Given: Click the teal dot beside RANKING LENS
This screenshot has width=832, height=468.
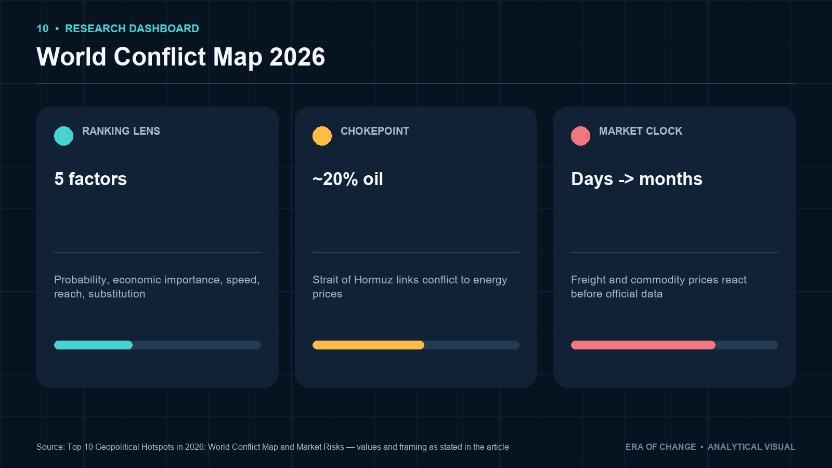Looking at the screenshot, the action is click(63, 136).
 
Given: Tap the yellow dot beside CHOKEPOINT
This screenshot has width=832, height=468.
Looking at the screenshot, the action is click(322, 136).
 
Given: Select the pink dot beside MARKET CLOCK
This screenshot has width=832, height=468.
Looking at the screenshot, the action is click(580, 136).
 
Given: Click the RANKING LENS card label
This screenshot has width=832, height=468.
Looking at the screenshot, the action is click(121, 131).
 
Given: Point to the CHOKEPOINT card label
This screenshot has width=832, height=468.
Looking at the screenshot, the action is click(375, 131).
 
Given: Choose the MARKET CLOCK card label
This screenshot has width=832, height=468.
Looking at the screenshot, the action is click(641, 131).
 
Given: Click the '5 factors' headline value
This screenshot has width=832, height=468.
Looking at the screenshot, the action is click(90, 179).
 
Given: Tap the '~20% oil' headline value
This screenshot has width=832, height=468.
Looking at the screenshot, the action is click(348, 179).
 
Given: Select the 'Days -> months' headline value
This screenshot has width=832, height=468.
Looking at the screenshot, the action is click(636, 179).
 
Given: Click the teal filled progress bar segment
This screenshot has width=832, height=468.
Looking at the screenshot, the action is click(93, 345).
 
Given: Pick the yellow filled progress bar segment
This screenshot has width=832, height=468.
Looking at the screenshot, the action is click(369, 345).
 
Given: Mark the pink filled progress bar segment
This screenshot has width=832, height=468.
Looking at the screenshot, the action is click(643, 345).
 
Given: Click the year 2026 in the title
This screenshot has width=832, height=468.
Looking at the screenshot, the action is click(297, 57).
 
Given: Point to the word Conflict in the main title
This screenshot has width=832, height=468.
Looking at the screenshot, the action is click(160, 57).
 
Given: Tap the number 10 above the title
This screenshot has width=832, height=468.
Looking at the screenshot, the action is click(42, 29).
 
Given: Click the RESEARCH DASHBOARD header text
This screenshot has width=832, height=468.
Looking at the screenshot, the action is click(132, 29).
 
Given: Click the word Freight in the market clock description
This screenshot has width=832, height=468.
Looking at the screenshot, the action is click(588, 280).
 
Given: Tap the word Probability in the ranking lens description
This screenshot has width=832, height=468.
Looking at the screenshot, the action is click(82, 280).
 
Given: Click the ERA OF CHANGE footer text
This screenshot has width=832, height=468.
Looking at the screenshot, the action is click(661, 447).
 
